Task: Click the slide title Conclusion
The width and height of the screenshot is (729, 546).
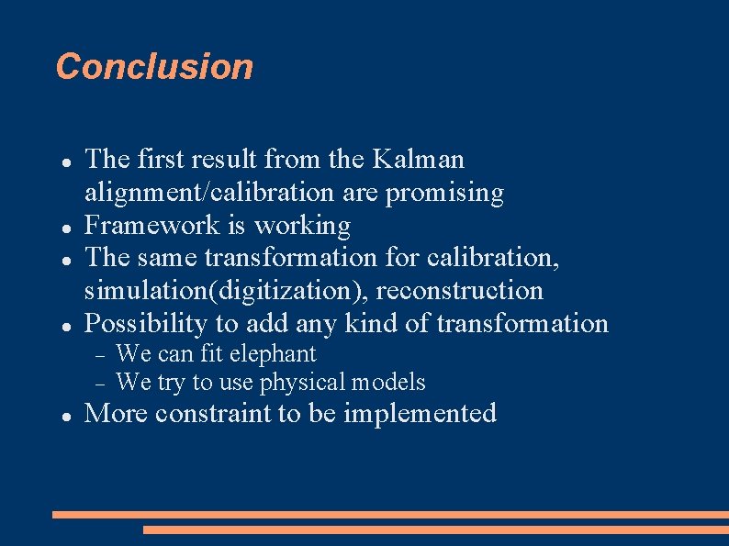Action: coord(154,67)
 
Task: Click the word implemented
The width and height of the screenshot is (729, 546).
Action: coord(420,414)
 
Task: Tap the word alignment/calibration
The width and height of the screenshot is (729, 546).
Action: coord(209,193)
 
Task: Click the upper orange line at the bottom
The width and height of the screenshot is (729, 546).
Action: coord(390,515)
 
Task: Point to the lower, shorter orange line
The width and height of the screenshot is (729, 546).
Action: coord(435,529)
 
